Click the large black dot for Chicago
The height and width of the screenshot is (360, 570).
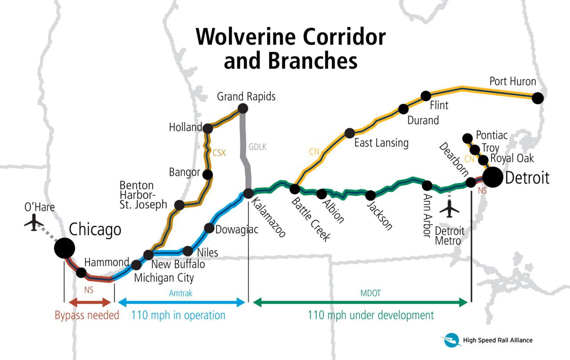65,248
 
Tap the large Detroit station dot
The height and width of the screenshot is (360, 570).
493,177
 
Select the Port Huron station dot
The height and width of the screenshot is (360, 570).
538,98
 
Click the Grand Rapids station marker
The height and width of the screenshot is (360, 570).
243,108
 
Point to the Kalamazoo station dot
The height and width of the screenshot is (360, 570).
248,193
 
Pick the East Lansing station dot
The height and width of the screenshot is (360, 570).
350,133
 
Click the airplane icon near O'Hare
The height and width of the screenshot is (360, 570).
33,222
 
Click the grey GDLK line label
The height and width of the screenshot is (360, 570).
257,147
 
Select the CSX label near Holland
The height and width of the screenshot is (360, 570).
219,153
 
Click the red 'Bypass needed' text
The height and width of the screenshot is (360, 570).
87,315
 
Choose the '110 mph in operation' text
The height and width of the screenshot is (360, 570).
178,315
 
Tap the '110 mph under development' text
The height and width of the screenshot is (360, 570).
370,315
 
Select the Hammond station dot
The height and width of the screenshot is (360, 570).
81,273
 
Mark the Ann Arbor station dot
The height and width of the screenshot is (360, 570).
427,185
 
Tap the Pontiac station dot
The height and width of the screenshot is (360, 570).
468,138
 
